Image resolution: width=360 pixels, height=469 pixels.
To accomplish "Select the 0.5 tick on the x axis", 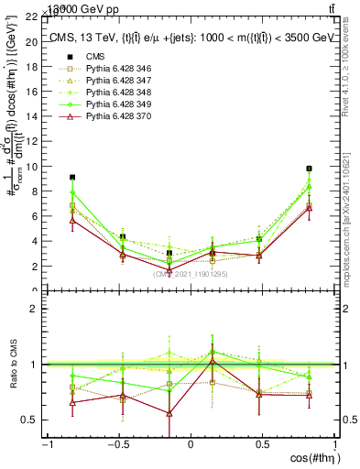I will (x=262, y=444).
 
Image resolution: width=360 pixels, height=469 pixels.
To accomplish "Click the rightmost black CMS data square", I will (x=310, y=169).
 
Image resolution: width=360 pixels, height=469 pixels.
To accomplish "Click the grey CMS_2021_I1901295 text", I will (x=190, y=273).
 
